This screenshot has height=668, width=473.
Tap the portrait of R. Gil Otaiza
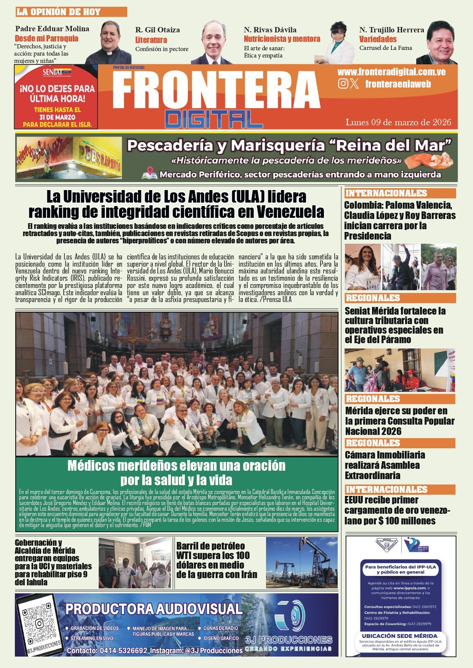click(212, 43)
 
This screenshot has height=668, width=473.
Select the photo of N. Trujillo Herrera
click(438, 43)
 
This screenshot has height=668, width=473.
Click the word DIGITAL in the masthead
click(214, 119)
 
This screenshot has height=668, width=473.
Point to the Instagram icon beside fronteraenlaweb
click(343, 84)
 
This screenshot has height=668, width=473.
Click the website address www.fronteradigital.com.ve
click(391, 72)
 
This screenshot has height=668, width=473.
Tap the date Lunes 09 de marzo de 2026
click(398, 122)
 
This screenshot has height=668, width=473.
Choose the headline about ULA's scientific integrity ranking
click(176, 204)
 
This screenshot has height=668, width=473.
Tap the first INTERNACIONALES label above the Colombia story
click(386, 193)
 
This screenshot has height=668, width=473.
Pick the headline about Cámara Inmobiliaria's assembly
click(385, 465)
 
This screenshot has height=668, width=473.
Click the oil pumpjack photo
click(301, 563)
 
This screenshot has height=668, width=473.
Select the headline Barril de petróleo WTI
click(216, 560)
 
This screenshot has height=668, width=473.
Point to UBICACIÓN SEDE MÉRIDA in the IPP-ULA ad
click(399, 636)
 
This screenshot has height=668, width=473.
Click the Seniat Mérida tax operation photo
click(400, 370)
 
